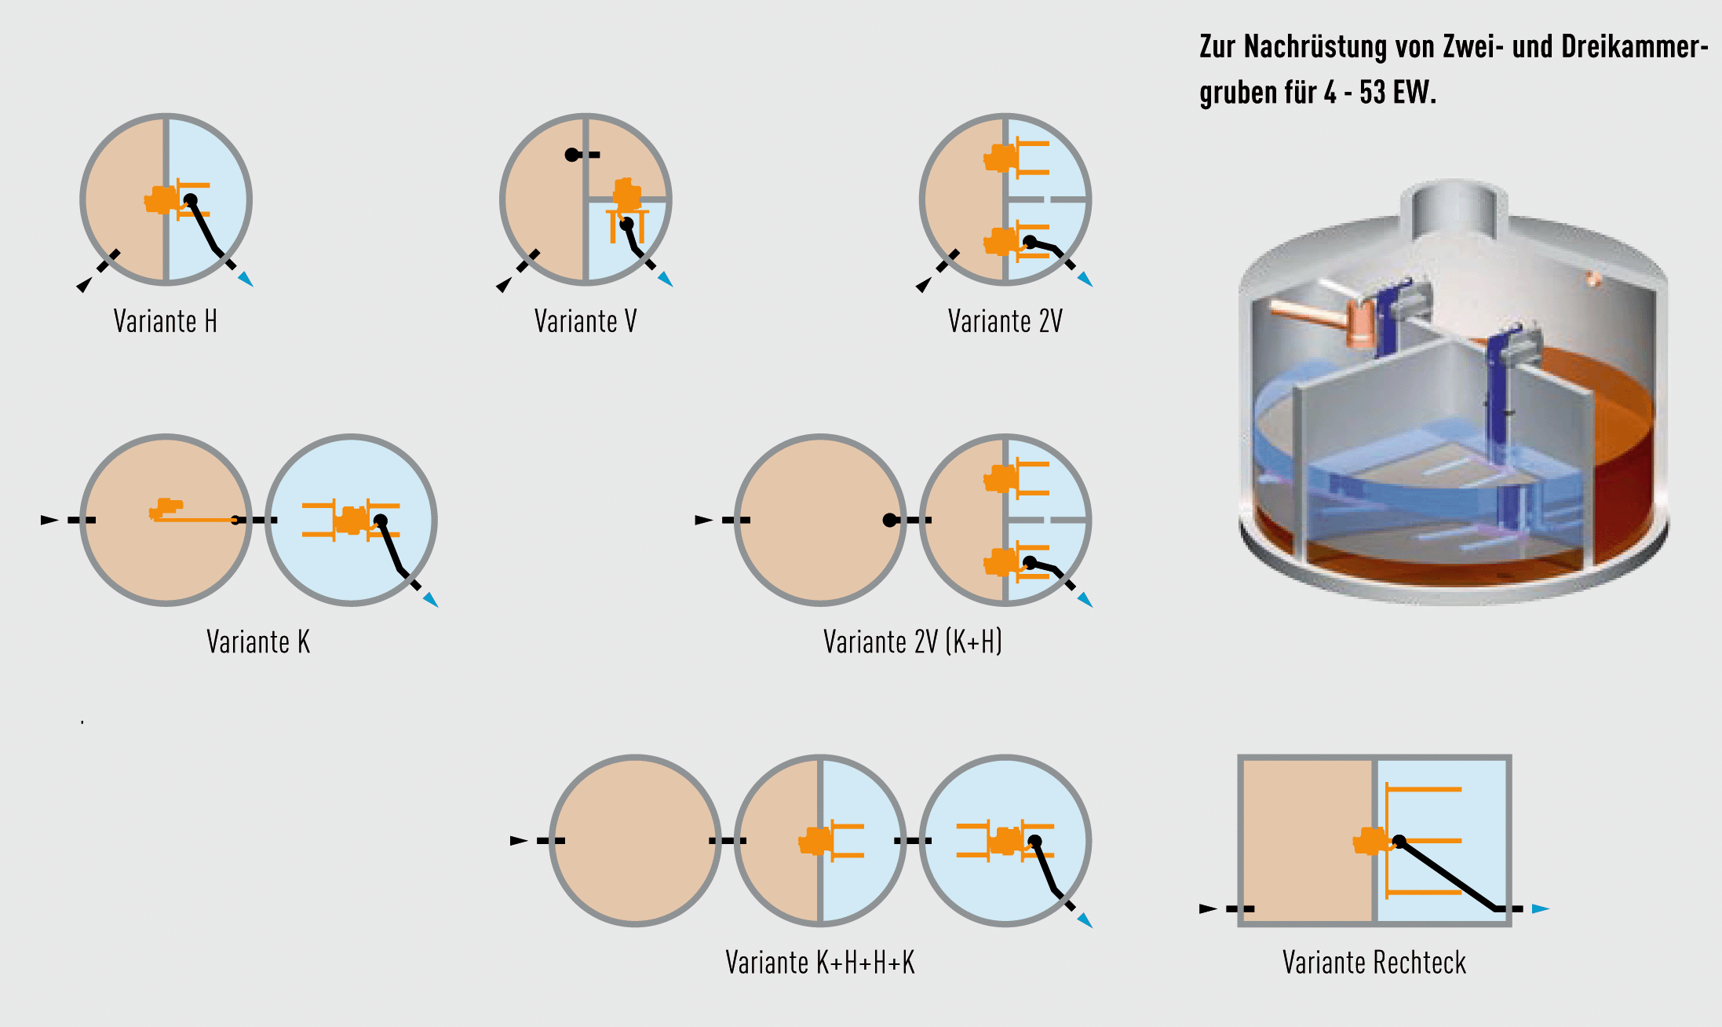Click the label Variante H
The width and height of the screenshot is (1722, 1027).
pos(165,321)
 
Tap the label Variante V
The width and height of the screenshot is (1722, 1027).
pos(585,321)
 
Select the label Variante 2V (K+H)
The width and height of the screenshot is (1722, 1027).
pos(912,641)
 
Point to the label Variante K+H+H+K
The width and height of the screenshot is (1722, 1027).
pos(819,962)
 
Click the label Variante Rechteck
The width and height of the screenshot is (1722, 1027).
pos(1374,962)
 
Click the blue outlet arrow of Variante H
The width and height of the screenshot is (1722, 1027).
pos(246,279)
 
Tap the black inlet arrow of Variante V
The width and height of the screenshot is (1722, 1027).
pos(503,285)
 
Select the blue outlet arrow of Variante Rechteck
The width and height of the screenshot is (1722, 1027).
pos(1540,908)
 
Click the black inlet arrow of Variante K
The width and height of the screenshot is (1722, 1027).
pos(49,520)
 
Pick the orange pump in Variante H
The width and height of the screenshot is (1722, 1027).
pos(162,200)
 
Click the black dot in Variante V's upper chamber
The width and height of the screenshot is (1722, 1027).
pos(572,155)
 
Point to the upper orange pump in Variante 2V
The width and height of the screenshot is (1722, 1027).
pos(1001,158)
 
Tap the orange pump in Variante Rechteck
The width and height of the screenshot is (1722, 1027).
pos(1370,842)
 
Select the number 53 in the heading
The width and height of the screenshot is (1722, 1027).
pos(1373,93)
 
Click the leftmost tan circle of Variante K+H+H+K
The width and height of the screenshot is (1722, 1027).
pos(634,840)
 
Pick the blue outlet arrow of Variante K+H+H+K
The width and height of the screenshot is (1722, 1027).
pos(1085,919)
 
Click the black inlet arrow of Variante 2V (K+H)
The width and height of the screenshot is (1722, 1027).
pos(703,520)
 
